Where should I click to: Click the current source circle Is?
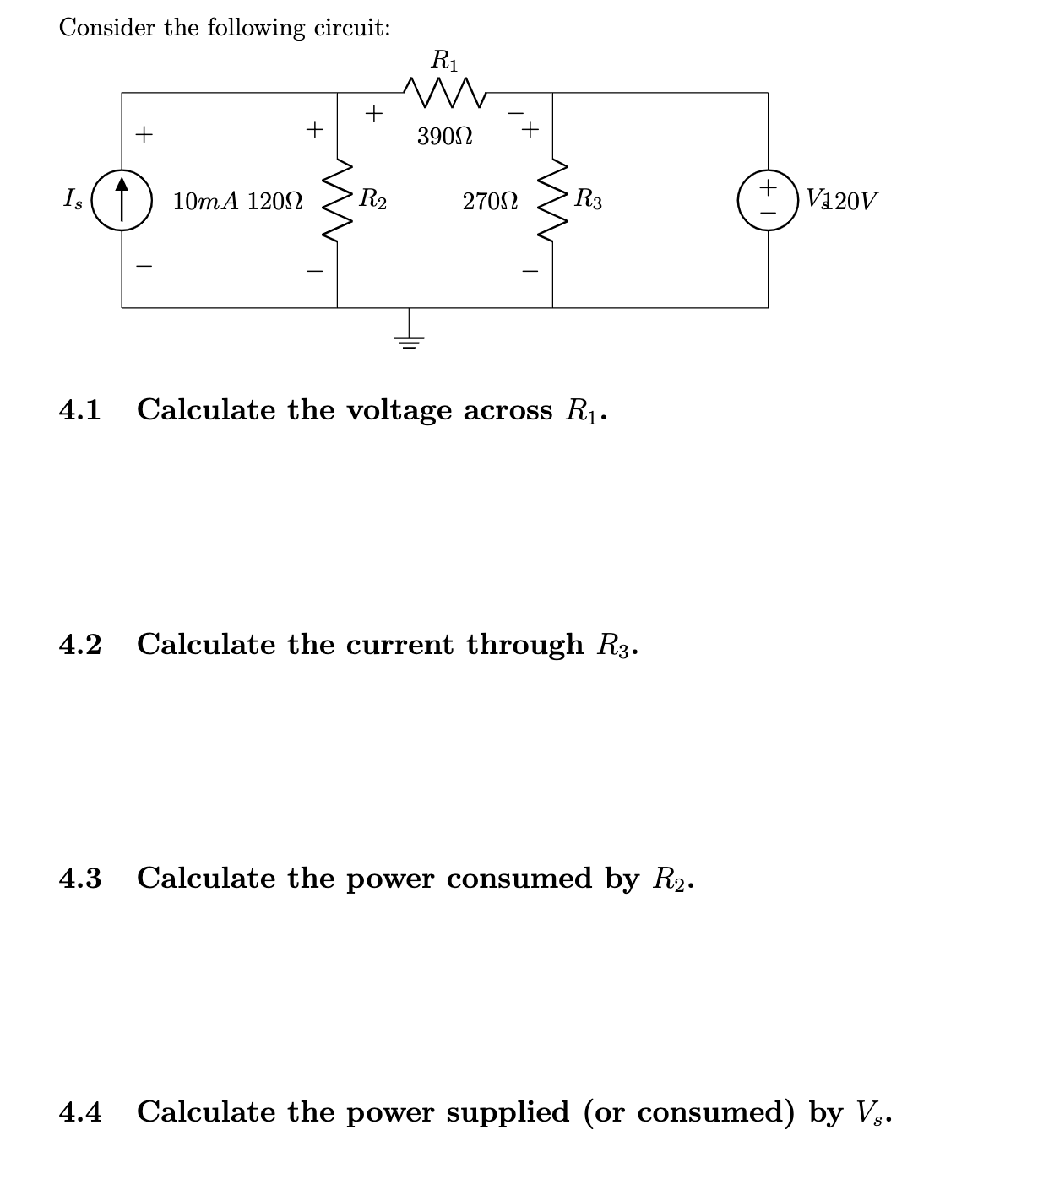coord(122,200)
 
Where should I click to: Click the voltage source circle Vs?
coord(768,200)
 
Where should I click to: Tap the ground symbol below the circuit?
coord(410,339)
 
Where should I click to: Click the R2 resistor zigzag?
coord(338,200)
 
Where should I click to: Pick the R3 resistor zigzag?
coord(553,200)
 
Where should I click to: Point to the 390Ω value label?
coord(444,136)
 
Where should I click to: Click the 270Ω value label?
coord(490,202)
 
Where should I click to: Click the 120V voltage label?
coord(851,201)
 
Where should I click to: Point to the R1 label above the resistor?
coord(445,60)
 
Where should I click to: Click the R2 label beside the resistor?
coord(373,200)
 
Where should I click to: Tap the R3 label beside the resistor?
coord(588,200)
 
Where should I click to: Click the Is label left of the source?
coord(73,200)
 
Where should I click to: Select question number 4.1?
coord(80,410)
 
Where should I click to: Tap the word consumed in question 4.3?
coord(519,879)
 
